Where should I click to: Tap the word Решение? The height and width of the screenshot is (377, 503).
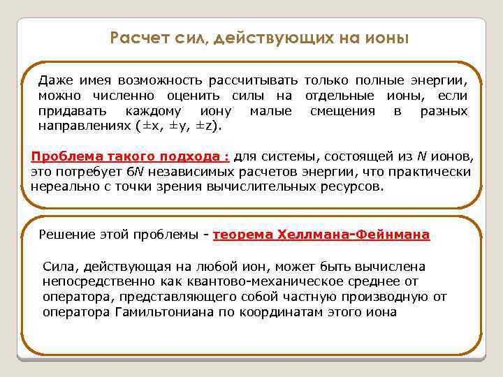coord(66,235)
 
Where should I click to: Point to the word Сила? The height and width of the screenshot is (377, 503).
coord(57,267)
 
